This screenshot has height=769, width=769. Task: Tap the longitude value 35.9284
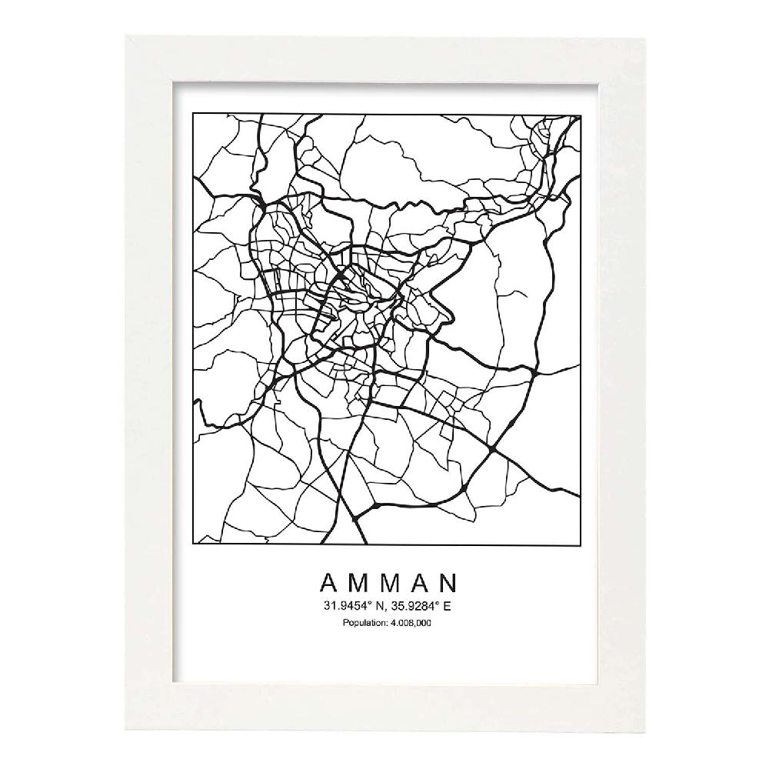pos(414,606)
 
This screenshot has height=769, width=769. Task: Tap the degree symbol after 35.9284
pos(436,604)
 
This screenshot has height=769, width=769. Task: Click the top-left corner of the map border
pos(192,115)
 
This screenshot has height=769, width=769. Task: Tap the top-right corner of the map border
pos(580,115)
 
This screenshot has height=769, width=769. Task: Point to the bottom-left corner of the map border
pos(192,544)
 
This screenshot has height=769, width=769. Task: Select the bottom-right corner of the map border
pos(580,544)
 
